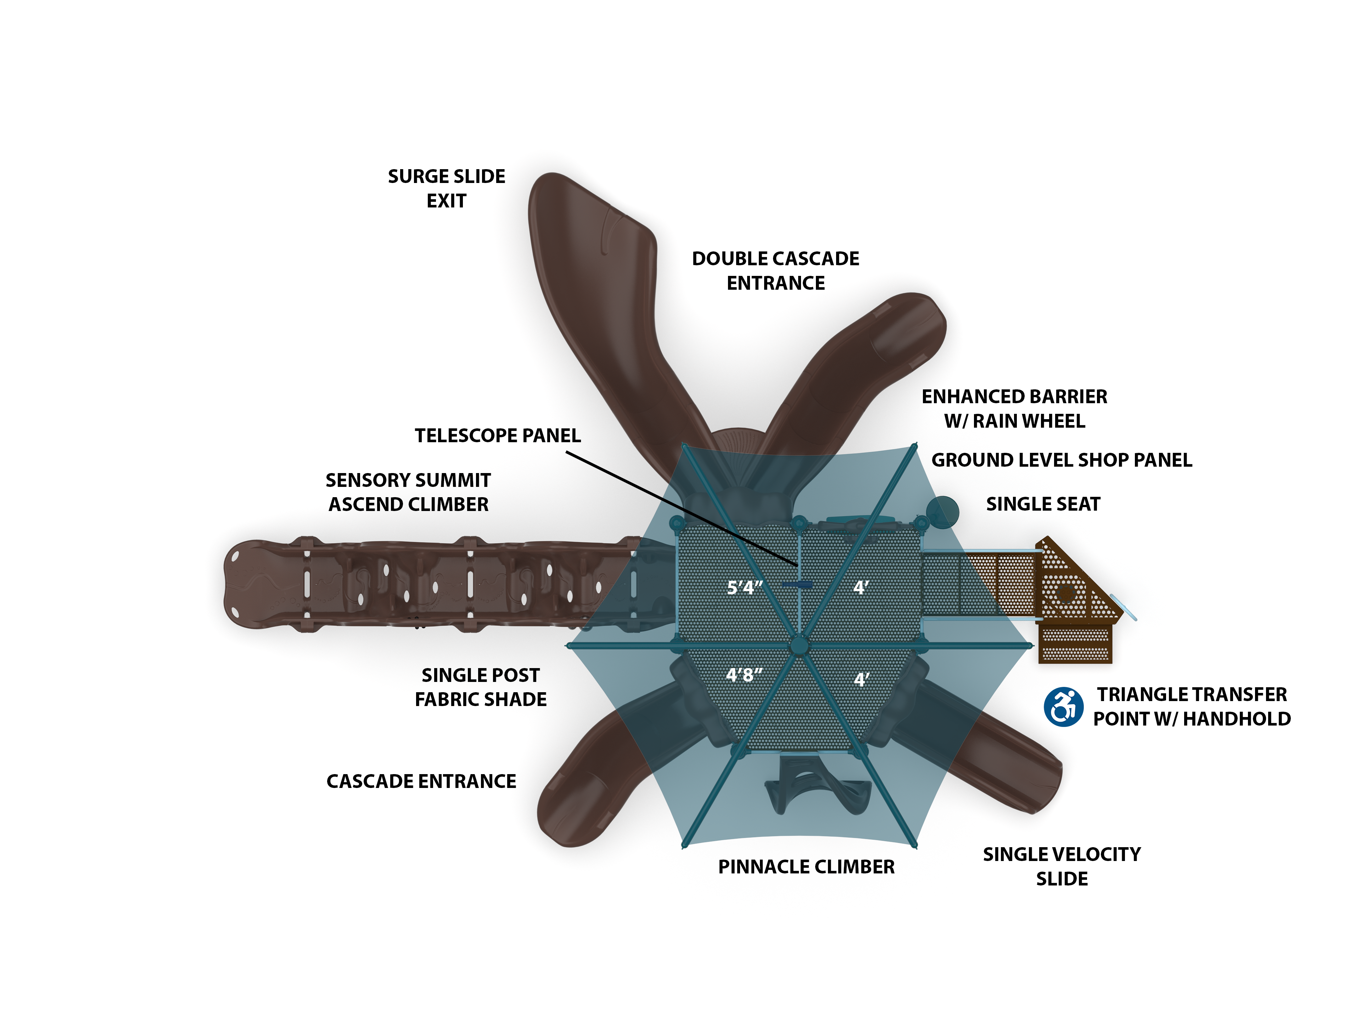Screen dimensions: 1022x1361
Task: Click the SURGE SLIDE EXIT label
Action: coord(446,188)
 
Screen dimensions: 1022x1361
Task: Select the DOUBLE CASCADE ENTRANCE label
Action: coord(775,271)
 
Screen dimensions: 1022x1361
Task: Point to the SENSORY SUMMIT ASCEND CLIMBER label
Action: coord(408,492)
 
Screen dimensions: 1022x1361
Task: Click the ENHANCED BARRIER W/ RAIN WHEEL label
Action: coord(1014,409)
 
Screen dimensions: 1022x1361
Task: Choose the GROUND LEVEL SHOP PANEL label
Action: coord(1062,460)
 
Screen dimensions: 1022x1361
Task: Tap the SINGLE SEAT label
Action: coord(1043,504)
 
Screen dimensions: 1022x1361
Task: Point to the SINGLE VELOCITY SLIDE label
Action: coord(1062,866)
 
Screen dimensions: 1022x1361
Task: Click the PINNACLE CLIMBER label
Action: coord(806,867)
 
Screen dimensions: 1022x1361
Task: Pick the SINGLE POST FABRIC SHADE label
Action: coord(481,687)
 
